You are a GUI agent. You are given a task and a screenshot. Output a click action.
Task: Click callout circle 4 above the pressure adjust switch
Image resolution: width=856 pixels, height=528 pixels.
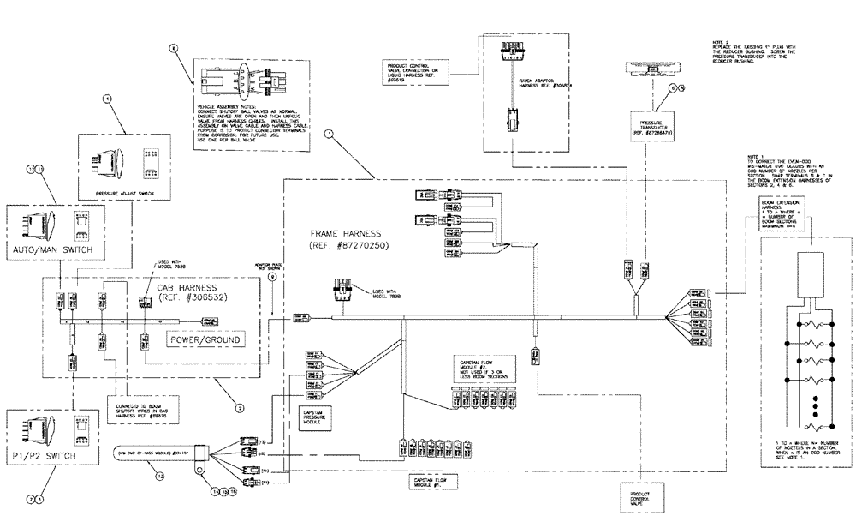pyautogui.click(x=106, y=99)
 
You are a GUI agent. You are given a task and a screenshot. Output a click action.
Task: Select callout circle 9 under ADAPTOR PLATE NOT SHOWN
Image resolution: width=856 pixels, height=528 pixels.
pyautogui.click(x=272, y=277)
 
